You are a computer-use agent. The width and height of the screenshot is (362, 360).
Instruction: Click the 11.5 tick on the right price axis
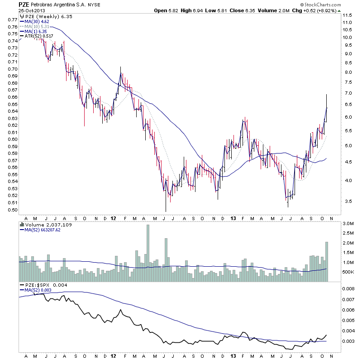pyautogui.click(x=347, y=15)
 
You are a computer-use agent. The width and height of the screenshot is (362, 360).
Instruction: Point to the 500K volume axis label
pyautogui.click(x=348, y=272)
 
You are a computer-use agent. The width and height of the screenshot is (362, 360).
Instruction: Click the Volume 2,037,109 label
pyautogui.click(x=45, y=224)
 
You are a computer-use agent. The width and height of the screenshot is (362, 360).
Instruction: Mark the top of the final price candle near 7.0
pyautogui.click(x=326, y=95)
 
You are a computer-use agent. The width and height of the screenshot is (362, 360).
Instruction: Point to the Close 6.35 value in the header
pyautogui.click(x=243, y=10)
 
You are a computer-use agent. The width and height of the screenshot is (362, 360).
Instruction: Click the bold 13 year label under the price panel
pyautogui.click(x=233, y=217)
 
